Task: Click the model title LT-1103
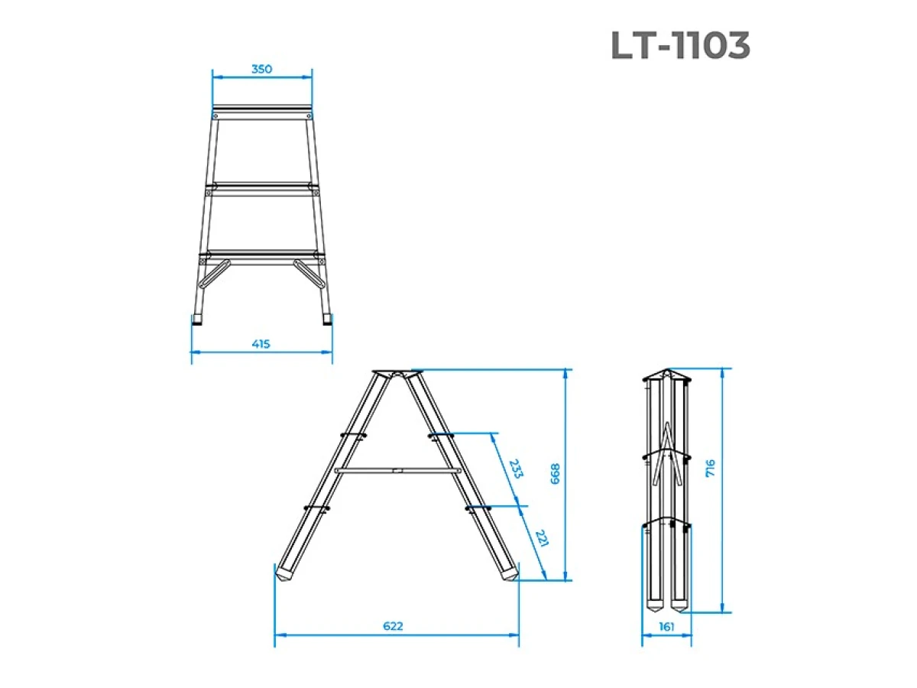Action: point(680,47)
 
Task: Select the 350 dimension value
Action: point(261,69)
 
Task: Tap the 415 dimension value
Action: point(261,344)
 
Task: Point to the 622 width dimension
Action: point(393,626)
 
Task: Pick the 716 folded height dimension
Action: point(710,468)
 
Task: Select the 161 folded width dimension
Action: point(666,627)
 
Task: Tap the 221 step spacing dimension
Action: point(540,540)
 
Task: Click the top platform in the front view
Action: point(262,108)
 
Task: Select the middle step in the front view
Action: point(262,186)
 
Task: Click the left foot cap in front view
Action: point(199,320)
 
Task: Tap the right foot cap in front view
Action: point(326,320)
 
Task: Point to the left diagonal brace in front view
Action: point(216,273)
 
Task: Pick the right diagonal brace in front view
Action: point(308,273)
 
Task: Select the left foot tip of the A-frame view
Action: point(284,575)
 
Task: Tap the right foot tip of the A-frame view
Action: point(510,575)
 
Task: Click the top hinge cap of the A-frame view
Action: point(397,375)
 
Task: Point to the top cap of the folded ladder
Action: point(666,375)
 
